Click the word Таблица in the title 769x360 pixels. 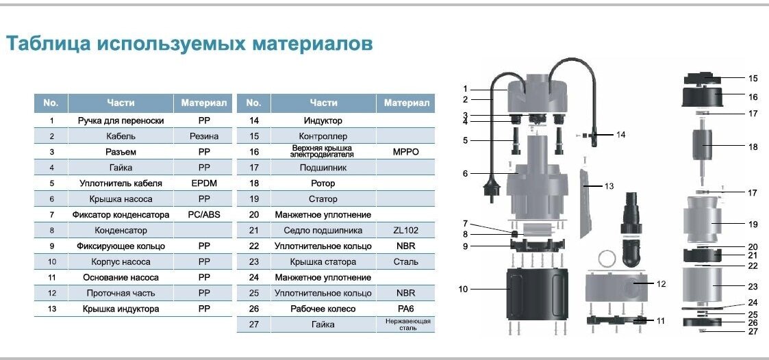tap(47, 44)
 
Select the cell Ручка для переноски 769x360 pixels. tap(121, 120)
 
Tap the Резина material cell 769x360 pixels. tap(203, 136)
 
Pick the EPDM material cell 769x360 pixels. tap(203, 183)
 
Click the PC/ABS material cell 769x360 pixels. tap(203, 215)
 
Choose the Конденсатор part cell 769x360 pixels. tap(121, 231)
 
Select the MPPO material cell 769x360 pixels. tap(406, 152)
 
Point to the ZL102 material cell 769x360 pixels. tap(406, 231)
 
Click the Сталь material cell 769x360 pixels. tap(406, 261)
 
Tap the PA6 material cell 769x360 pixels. tap(406, 309)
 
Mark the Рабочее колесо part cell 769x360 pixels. tap(323, 309)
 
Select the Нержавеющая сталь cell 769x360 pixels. tap(406, 324)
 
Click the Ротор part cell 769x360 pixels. tap(323, 183)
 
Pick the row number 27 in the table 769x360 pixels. tap(253, 324)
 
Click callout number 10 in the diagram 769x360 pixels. tap(464, 290)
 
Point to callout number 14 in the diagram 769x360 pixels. tap(620, 135)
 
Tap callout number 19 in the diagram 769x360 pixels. tap(753, 224)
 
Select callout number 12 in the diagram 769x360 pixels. tap(661, 283)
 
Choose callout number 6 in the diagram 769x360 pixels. tap(465, 174)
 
